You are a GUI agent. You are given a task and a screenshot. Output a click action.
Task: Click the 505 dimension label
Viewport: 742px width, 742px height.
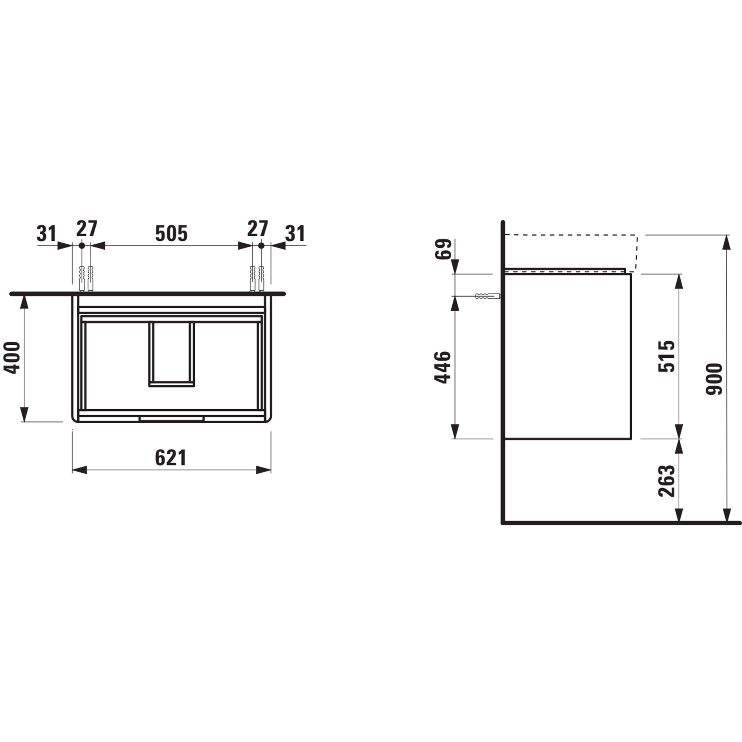[171, 233]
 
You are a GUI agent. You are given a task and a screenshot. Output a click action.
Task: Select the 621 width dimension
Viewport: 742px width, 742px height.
[171, 458]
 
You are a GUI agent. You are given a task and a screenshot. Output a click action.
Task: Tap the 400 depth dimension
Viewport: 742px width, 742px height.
[12, 357]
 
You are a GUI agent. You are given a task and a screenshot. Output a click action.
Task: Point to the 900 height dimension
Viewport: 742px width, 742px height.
[714, 379]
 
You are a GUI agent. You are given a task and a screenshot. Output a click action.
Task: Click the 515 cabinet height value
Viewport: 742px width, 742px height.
[666, 356]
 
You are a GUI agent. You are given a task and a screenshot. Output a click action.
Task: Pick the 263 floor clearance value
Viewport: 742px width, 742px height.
[666, 481]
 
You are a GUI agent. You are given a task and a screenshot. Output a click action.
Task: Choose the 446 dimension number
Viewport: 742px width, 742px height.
[442, 367]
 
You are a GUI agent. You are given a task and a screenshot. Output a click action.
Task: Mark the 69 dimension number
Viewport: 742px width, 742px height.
[446, 249]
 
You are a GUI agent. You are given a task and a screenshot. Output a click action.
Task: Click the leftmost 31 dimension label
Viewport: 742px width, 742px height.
[46, 233]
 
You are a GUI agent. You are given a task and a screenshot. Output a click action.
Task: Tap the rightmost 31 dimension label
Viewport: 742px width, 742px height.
[295, 233]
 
